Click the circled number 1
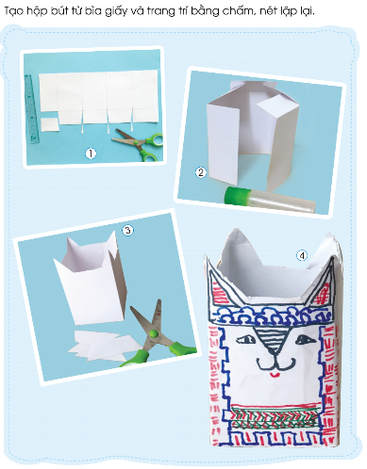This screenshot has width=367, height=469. (x=91, y=154)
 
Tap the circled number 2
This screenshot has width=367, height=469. (x=201, y=172)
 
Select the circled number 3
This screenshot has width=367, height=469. (x=127, y=231)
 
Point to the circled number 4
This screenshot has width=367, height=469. (x=302, y=256)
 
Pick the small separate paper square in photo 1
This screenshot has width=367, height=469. (x=50, y=125)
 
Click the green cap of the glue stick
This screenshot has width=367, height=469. (x=238, y=194)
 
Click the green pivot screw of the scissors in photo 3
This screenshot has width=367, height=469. (x=153, y=334)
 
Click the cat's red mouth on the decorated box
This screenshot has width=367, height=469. (x=275, y=375)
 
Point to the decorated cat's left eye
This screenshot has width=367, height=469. (x=245, y=339)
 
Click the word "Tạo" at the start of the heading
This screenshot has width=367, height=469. (x=14, y=12)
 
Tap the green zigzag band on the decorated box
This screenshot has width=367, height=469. (x=275, y=417)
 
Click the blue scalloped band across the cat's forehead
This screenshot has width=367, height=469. (x=273, y=315)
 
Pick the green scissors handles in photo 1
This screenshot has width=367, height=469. (x=150, y=147)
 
